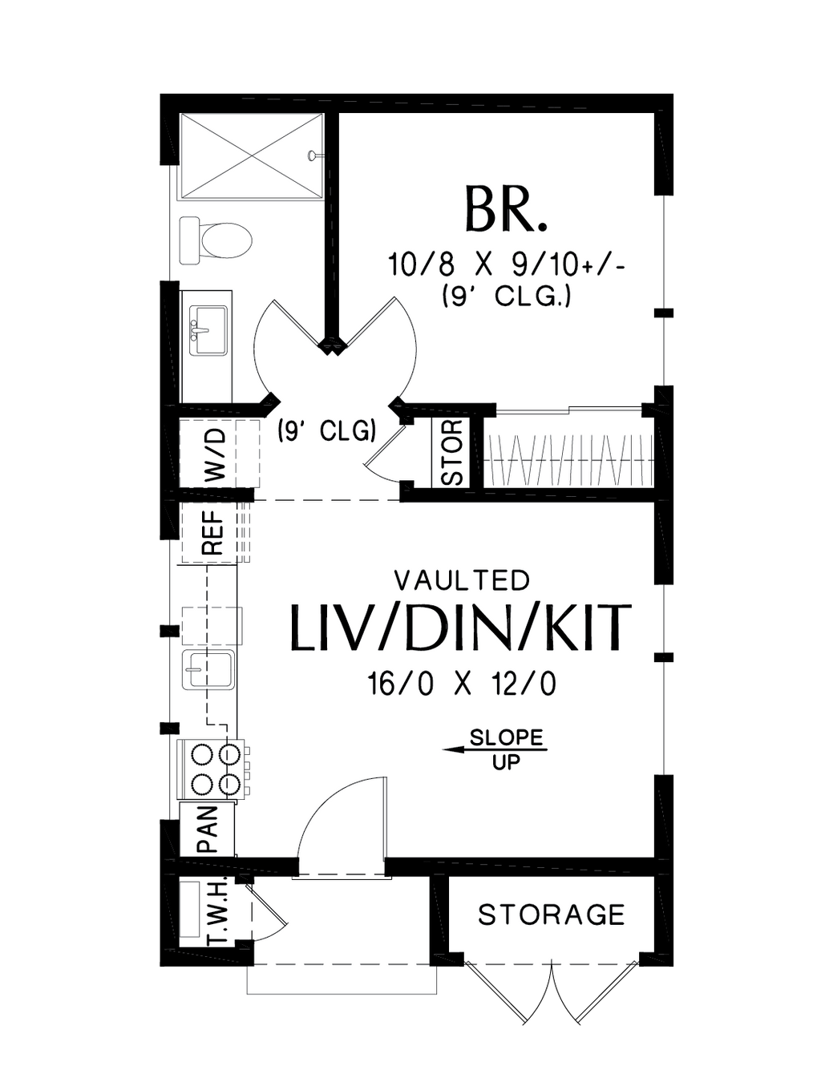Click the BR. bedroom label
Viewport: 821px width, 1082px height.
[505, 208]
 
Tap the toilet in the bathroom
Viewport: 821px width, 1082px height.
[216, 240]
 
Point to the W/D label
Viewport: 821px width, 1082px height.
[216, 454]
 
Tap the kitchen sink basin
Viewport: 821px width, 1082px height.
[208, 670]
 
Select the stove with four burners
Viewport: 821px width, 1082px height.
[212, 769]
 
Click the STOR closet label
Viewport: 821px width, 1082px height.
[451, 453]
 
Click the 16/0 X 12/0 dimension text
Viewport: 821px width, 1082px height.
[462, 684]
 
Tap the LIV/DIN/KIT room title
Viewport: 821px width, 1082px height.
[462, 628]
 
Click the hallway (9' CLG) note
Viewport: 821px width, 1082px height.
[326, 431]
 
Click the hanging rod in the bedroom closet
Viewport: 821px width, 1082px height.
[571, 460]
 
